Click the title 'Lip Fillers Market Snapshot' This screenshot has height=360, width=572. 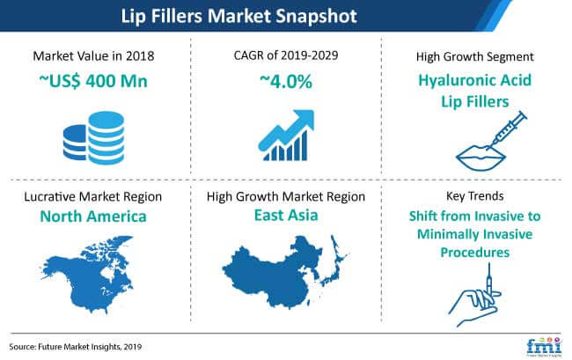click(239, 16)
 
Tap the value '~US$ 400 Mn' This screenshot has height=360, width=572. click(93, 81)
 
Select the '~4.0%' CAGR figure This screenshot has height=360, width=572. click(286, 81)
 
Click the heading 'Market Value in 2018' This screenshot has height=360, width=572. click(93, 56)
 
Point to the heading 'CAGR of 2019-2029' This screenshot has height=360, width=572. click(286, 55)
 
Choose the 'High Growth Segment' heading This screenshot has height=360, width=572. click(474, 57)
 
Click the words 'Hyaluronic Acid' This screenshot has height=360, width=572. click(474, 80)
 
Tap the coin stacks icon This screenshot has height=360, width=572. click(94, 138)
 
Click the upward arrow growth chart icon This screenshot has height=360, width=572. click(286, 135)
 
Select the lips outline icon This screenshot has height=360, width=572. click(480, 158)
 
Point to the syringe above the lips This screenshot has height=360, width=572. click(508, 130)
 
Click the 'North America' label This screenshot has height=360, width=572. click(93, 217)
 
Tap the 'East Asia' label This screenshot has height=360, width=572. click(286, 215)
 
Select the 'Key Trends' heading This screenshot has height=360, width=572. click(474, 196)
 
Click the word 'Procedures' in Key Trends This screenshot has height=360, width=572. click(474, 253)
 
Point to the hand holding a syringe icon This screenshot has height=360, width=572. click(474, 296)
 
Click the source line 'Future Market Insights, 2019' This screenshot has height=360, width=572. click(90, 347)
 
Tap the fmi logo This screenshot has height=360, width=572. click(544, 346)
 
